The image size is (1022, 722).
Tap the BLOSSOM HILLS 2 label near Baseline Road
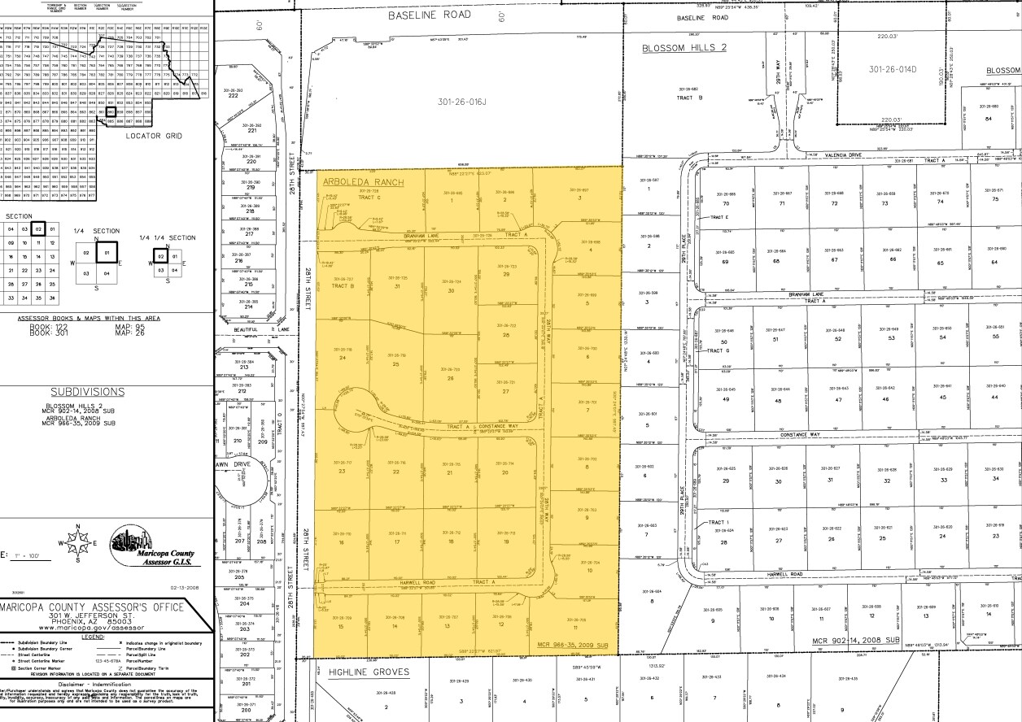[684, 48]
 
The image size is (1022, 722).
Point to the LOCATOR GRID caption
[153, 136]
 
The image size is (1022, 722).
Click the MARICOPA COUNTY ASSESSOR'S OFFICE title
[92, 607]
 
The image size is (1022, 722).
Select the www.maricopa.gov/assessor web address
[92, 628]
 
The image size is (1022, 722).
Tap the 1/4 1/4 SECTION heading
[167, 237]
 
